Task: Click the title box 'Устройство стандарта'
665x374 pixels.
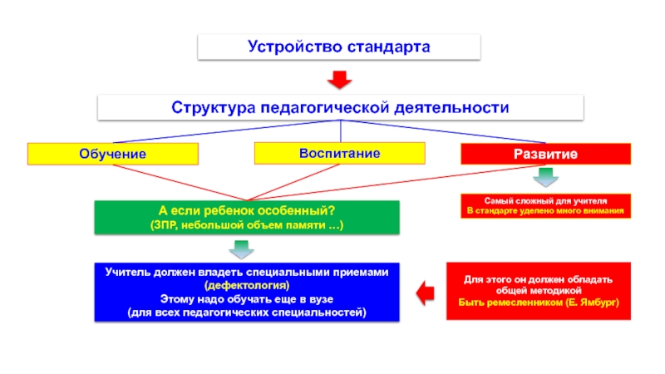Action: point(338,47)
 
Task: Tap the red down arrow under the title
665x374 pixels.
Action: point(339,81)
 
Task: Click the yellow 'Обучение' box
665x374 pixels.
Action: point(113,154)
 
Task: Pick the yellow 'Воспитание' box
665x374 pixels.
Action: point(339,153)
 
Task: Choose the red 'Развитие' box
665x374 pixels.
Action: point(545,154)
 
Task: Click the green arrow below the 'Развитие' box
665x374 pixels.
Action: point(545,176)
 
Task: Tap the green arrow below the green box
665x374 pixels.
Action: point(242,248)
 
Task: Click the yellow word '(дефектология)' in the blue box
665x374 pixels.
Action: point(247,286)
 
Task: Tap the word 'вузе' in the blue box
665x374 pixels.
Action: point(316,298)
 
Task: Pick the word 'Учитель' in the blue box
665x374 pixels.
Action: point(128,273)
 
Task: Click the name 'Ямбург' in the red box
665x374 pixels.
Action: point(597,303)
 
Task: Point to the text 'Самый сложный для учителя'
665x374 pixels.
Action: point(546,201)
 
